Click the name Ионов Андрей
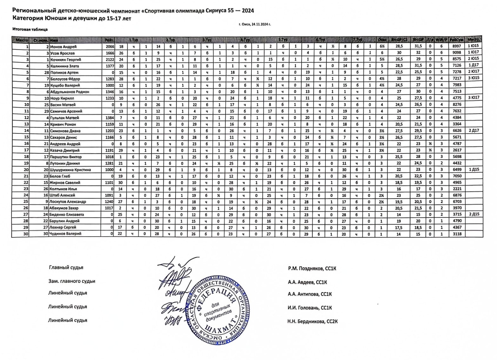pos(64,47)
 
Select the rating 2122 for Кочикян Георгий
pos(109,60)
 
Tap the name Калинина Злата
pos(65,66)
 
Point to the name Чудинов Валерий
pos(65,234)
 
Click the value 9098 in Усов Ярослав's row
pos(457,53)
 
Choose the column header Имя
pos(54,40)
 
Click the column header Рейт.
pos(109,40)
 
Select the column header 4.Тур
pos(245,40)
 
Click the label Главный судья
pos(66,267)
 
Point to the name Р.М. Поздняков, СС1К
pos(312,269)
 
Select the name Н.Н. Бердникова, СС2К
pos(312,321)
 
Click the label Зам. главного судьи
pos(72,281)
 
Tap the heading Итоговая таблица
pos(30,29)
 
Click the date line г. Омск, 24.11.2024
pos(255,24)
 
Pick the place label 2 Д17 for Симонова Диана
pos(473,131)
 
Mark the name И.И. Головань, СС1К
pos(310,308)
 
